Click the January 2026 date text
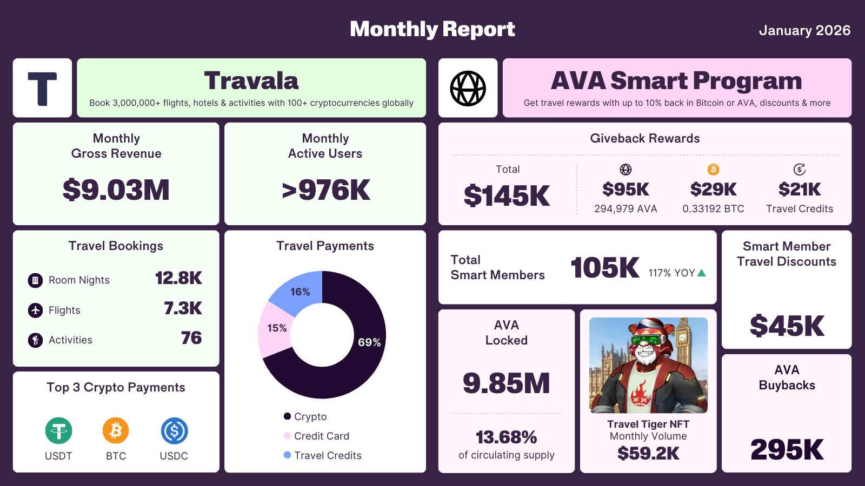point(804,31)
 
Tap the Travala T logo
point(42,88)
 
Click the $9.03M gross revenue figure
point(116,190)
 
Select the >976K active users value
point(325,190)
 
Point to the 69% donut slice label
point(369,342)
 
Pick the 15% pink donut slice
point(276,328)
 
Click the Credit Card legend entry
point(321,436)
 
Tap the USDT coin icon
point(58,431)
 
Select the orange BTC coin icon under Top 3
point(116,431)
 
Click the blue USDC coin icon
point(174,431)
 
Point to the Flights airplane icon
point(35,310)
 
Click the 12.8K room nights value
point(178,278)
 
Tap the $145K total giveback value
point(507,195)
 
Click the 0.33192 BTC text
point(713,209)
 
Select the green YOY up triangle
point(702,273)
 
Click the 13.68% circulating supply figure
point(506,437)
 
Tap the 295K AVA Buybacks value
point(787,449)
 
